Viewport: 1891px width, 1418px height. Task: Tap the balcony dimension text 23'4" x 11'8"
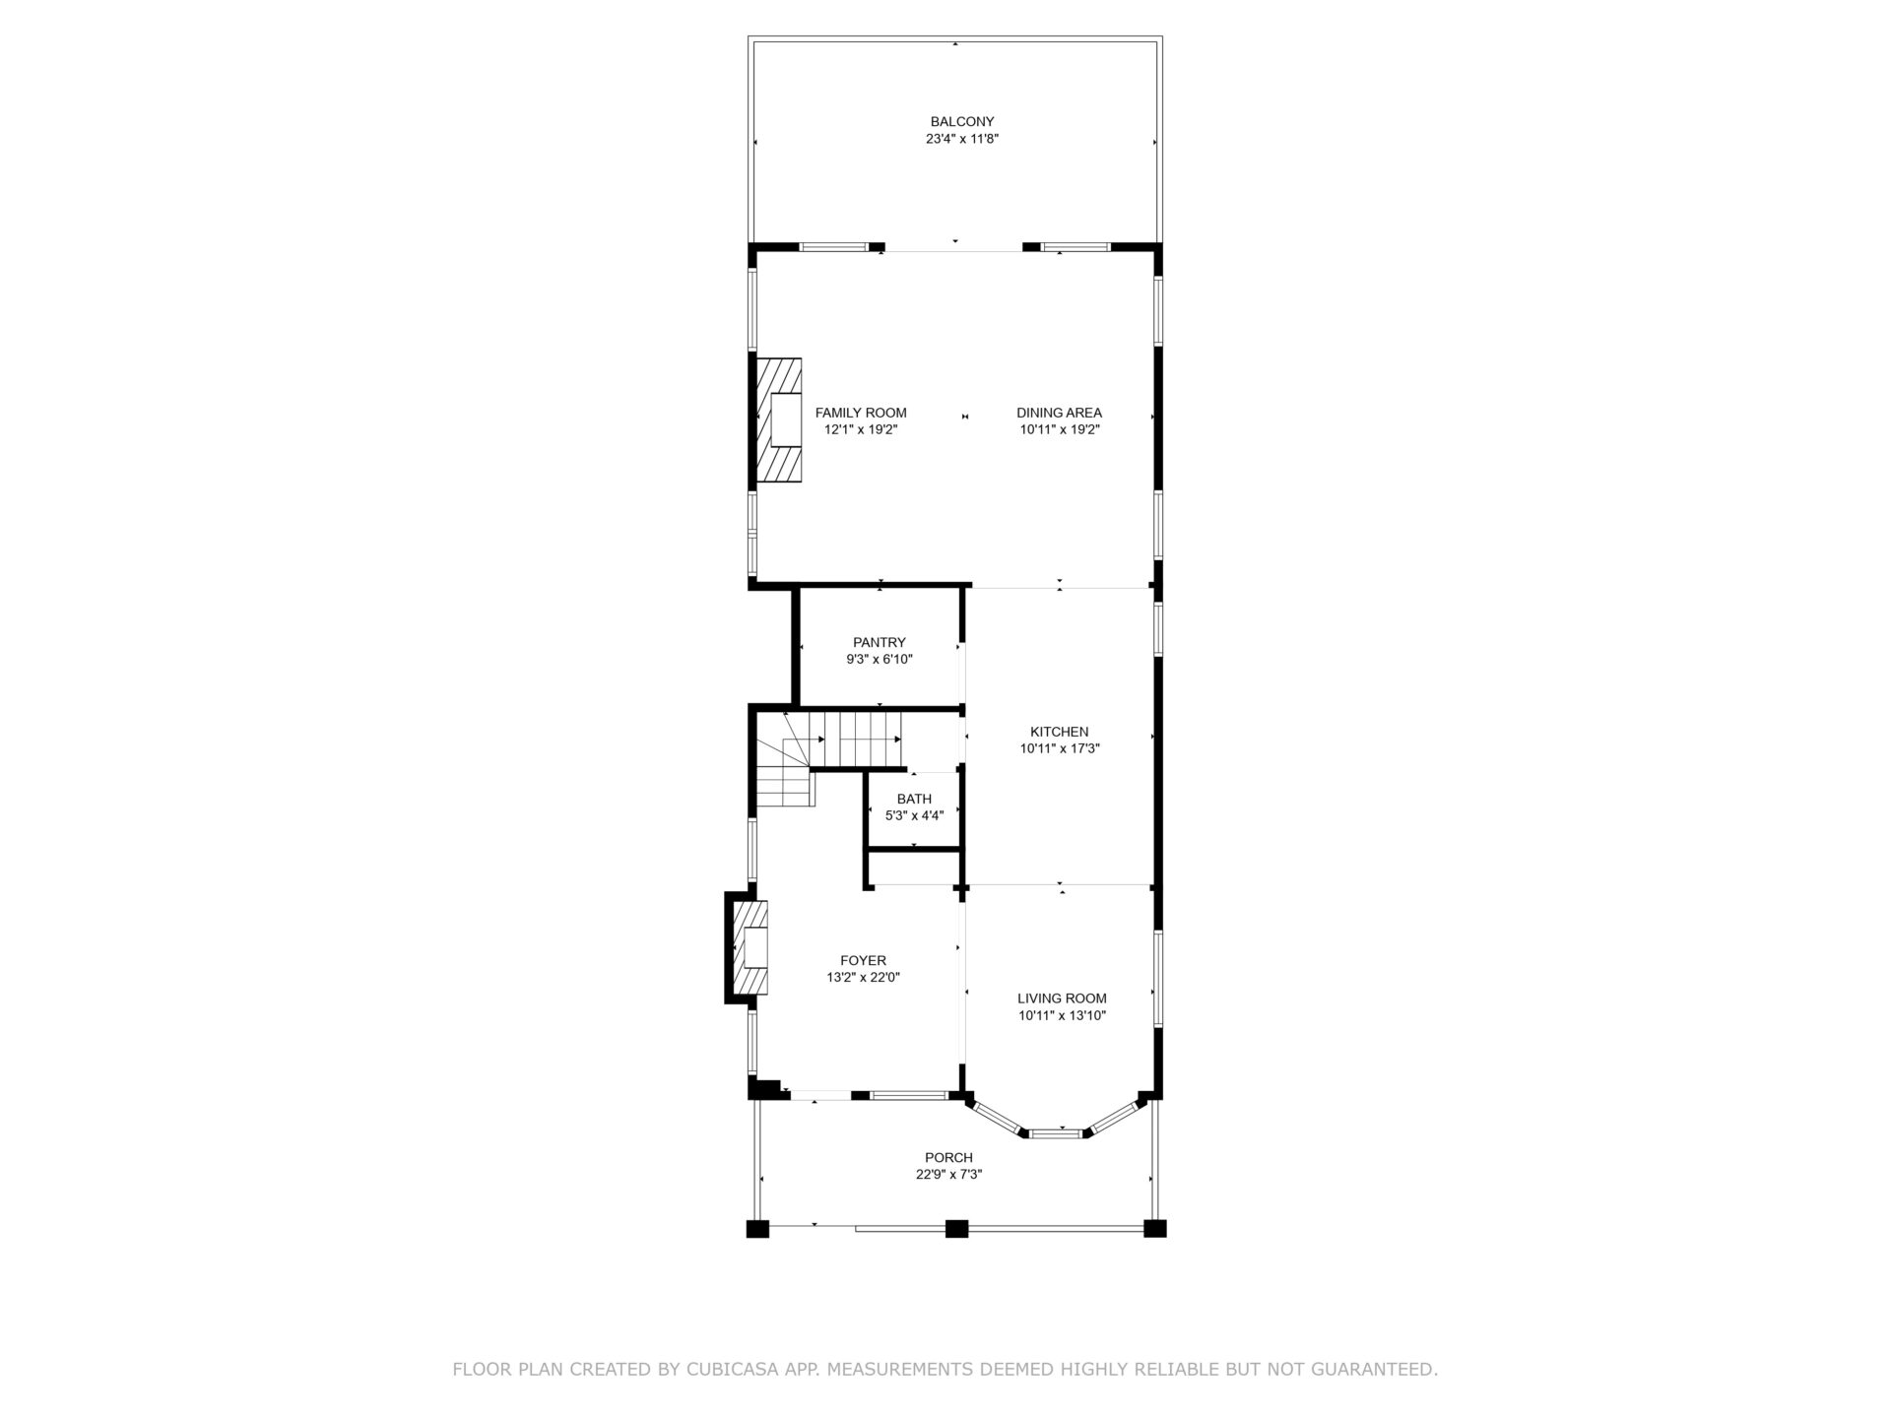click(962, 139)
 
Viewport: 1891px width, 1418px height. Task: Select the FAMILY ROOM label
click(861, 413)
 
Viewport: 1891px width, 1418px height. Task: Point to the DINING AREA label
click(1059, 413)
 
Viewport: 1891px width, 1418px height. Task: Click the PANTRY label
click(880, 642)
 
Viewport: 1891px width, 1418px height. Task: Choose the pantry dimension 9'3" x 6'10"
click(880, 659)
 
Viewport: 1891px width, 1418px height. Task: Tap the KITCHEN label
click(1059, 732)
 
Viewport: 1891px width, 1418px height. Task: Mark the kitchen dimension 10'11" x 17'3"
click(1059, 748)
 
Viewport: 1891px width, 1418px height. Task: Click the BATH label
click(914, 799)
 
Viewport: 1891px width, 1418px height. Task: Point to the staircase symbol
click(827, 758)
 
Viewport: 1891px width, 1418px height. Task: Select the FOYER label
click(863, 960)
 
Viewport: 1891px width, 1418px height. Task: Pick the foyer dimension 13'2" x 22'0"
click(863, 977)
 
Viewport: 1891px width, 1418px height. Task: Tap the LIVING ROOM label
click(1062, 998)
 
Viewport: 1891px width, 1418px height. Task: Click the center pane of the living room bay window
click(1056, 1134)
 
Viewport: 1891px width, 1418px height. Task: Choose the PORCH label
click(948, 1157)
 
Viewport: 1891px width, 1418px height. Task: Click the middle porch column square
click(956, 1228)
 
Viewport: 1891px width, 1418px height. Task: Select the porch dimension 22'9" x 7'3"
click(948, 1174)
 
